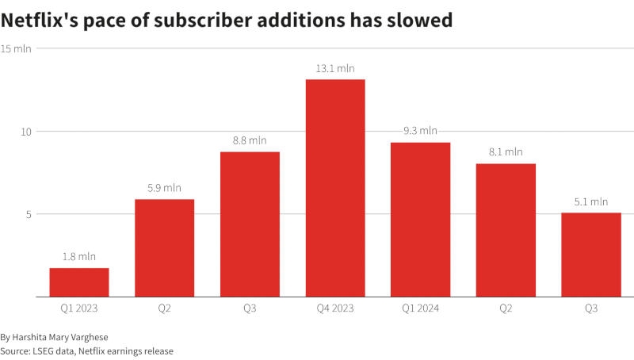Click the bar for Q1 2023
point(79,282)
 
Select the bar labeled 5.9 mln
point(164,247)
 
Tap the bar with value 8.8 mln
point(250,224)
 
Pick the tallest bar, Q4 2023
point(335,188)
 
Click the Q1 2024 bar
point(420,220)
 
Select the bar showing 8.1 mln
point(506,230)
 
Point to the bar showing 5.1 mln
point(591,255)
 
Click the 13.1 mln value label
point(335,69)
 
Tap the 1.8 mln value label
point(79,257)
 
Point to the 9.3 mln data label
point(420,132)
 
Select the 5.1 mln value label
point(591,201)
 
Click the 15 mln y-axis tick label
point(16,49)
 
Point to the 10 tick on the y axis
point(26,132)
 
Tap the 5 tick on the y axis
point(29,214)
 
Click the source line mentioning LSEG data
point(86,350)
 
